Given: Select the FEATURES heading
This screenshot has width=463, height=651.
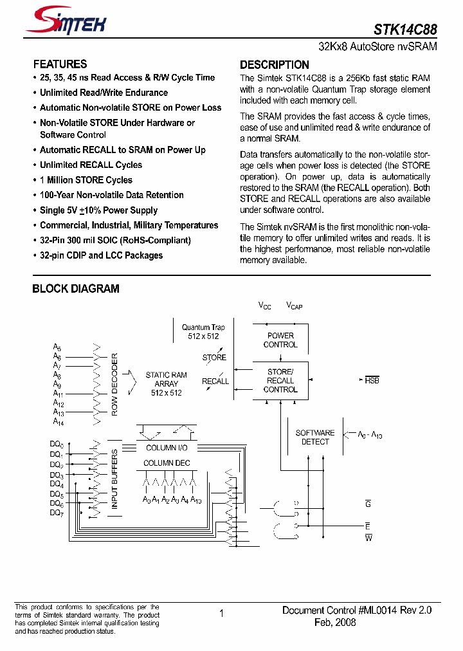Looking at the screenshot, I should [60, 64].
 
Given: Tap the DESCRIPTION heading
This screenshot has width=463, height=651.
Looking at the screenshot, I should [274, 64].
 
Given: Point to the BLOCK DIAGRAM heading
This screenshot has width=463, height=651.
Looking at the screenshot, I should [76, 289].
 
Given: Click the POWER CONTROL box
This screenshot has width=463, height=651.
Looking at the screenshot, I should [280, 340].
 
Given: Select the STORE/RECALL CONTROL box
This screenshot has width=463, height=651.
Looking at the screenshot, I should [280, 381].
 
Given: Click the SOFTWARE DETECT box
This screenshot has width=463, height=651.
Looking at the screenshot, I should [315, 437].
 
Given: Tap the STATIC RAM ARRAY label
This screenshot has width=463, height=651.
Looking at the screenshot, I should [166, 384].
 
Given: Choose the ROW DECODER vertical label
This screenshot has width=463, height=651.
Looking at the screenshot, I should [114, 384].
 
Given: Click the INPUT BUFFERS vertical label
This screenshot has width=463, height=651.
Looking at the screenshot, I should [114, 479].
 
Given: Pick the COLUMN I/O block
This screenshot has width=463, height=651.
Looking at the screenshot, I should [167, 448].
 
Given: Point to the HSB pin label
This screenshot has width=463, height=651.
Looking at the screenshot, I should [372, 380].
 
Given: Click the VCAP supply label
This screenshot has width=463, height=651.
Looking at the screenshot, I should [294, 306].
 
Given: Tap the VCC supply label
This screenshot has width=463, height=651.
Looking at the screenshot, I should [265, 306].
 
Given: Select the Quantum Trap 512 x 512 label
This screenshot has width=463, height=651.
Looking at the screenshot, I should [203, 331].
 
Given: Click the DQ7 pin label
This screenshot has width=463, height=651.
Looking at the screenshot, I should [57, 513].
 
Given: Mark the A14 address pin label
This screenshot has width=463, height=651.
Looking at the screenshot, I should [58, 422].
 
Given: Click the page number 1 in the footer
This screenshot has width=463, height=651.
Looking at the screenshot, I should [221, 614].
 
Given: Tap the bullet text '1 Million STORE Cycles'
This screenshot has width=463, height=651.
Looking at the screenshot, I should [86, 180].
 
